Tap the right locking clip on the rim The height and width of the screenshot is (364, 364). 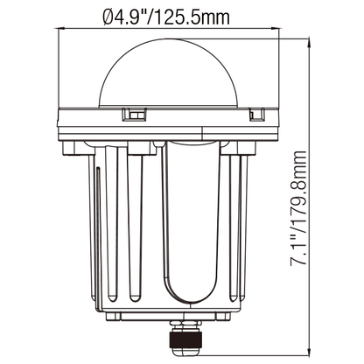256,115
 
